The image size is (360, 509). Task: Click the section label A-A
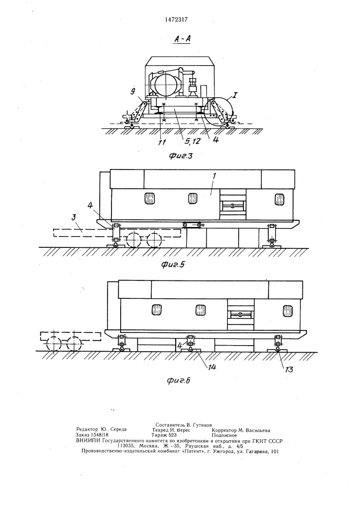[182, 40]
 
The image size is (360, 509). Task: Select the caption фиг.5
[173, 265]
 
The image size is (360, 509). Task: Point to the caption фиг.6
[179, 380]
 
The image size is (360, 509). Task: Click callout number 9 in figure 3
[132, 92]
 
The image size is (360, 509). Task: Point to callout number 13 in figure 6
[288, 369]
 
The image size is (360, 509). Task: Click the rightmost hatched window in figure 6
[287, 310]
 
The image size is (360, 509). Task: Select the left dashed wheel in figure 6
[53, 344]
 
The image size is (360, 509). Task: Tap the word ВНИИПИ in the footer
[88, 441]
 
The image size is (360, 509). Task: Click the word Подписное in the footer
[225, 435]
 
